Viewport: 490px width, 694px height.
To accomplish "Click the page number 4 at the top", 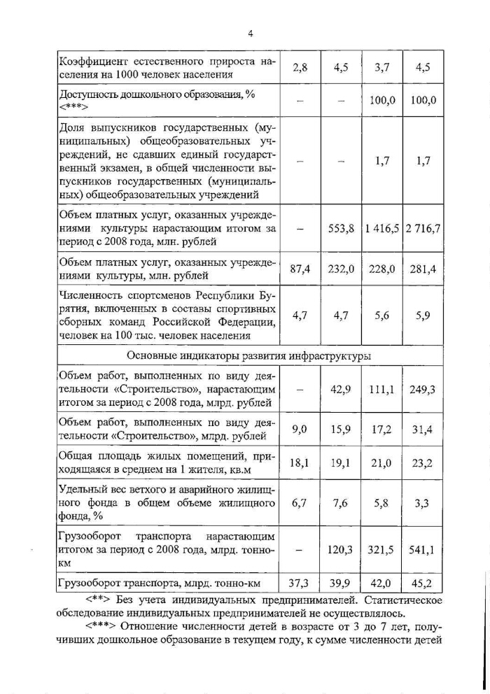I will coord(249,34).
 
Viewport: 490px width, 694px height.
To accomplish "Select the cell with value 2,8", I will coord(300,68).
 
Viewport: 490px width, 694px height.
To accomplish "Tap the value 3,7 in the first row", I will coord(381,68).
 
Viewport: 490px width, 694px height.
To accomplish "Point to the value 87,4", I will coord(300,269).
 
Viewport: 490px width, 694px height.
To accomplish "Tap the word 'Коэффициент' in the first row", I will coord(90,62).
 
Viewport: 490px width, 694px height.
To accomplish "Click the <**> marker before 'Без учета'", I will coord(99,600).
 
